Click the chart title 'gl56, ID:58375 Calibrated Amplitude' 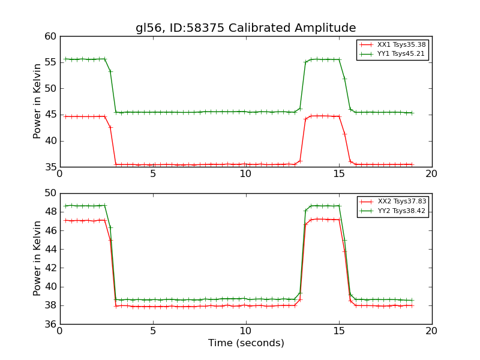point(245,28)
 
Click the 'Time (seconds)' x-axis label point(246,343)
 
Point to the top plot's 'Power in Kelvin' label point(37,101)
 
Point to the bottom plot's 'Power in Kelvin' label point(37,258)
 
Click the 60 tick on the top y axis point(50,37)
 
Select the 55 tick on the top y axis point(50,63)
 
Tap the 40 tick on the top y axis point(50,141)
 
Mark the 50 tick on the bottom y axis point(50,193)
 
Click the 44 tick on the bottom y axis point(50,249)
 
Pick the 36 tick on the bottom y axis point(50,324)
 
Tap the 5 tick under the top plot point(153,174)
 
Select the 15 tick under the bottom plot point(339,331)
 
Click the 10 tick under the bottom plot point(246,331)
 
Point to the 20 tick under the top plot point(432,174)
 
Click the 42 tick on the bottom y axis point(50,268)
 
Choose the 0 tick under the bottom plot point(60,331)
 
